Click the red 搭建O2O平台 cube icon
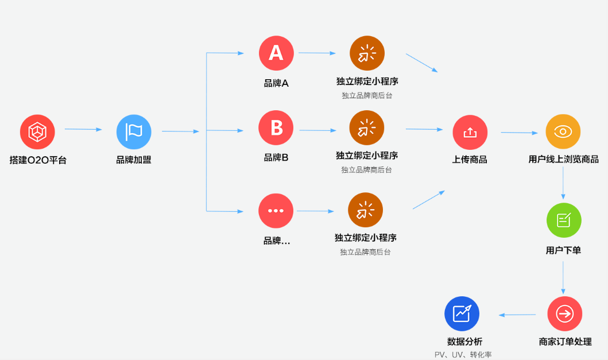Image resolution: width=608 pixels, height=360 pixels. pos(37,132)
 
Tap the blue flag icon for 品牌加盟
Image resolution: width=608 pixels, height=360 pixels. pos(134,132)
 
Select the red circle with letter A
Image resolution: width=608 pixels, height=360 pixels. pos(276,53)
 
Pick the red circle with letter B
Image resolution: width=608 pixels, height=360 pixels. pos(276,127)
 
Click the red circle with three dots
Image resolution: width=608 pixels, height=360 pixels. pos(276,211)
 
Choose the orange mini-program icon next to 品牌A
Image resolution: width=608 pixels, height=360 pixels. pos(367,53)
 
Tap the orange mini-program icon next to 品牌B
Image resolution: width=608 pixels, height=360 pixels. pos(367,127)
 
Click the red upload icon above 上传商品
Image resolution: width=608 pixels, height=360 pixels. pos(470,133)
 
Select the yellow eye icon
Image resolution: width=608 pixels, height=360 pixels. pos(563,131)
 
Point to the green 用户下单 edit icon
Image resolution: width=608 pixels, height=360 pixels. pos(564,220)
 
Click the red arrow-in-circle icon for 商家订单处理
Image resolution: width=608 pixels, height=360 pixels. pos(564,314)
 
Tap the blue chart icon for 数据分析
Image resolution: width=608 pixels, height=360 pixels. pos(462,314)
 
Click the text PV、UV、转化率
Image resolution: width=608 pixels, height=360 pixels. pos(463,355)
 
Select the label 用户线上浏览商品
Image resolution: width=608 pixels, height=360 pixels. pos(563,160)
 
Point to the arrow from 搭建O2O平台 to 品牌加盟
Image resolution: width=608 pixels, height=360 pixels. pos(83,129)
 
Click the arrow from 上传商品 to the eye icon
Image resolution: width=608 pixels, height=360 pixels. pos(519,133)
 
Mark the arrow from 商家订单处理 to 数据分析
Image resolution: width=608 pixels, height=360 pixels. pos(517,315)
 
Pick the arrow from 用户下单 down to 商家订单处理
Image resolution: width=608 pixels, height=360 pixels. pos(563,278)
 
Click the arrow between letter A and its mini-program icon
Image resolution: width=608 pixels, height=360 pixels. pos(317,53)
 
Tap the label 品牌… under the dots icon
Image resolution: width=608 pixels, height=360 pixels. pos(277,241)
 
